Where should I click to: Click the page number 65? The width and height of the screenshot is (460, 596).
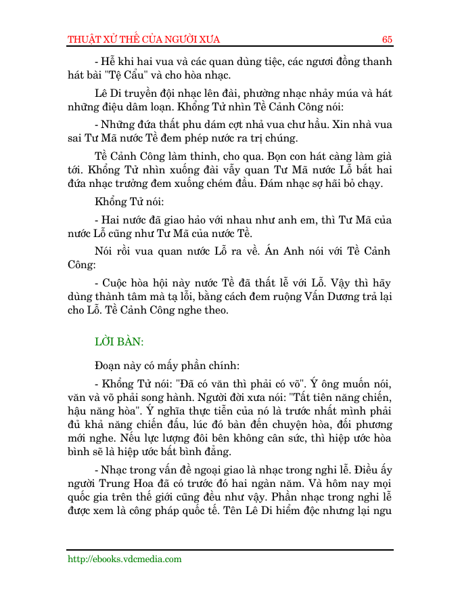click(387, 39)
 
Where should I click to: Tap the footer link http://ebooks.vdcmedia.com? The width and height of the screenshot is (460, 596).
click(124, 559)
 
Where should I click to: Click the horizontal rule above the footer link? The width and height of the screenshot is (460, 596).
click(229, 549)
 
